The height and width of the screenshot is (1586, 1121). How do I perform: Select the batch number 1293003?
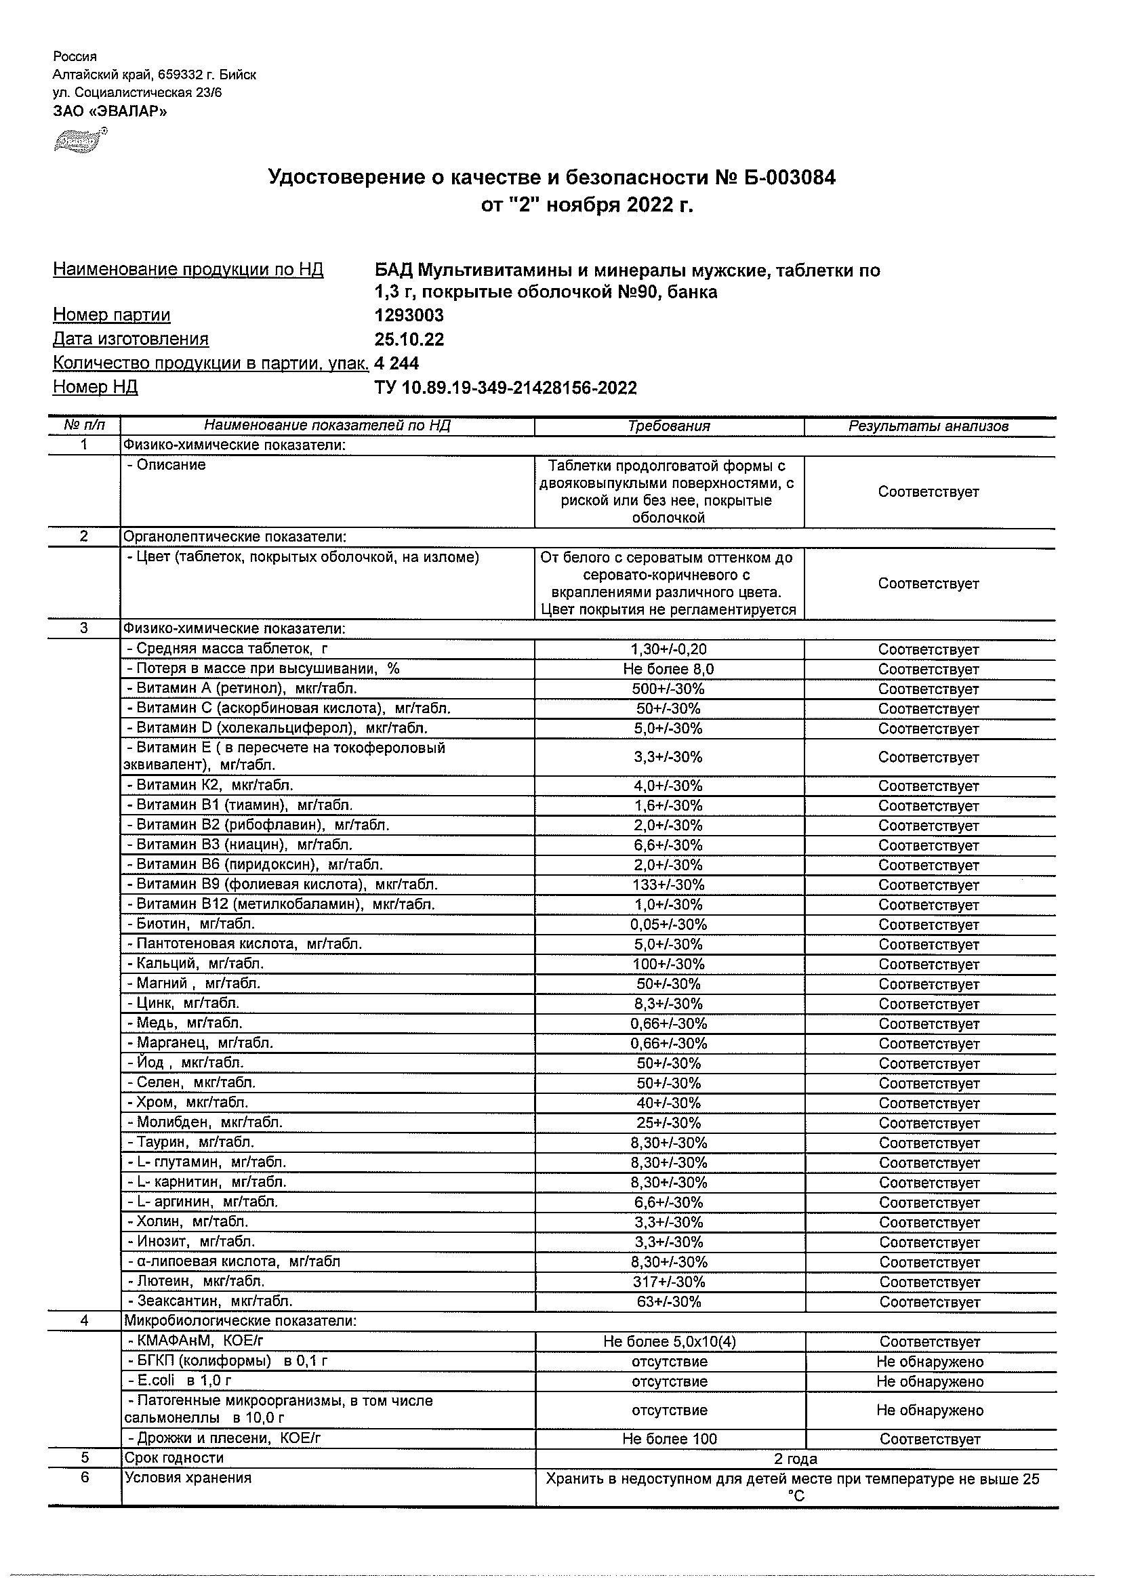[x=409, y=316]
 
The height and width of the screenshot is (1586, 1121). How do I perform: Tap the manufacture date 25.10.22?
[x=409, y=340]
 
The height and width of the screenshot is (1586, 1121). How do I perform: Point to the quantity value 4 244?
[x=396, y=363]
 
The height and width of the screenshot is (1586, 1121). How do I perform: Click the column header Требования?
[x=668, y=426]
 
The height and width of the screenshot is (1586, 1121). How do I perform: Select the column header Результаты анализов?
[x=929, y=426]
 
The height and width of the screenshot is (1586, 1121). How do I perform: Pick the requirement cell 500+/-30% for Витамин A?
[x=668, y=689]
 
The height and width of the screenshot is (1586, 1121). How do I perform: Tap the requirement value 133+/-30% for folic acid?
[x=668, y=885]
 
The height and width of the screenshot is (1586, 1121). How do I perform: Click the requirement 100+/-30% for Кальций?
[x=668, y=964]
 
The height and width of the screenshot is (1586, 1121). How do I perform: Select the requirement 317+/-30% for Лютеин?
[x=668, y=1282]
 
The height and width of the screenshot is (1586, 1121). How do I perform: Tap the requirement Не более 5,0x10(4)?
[x=668, y=1342]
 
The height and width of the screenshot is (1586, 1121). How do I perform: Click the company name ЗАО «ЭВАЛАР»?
[x=110, y=111]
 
